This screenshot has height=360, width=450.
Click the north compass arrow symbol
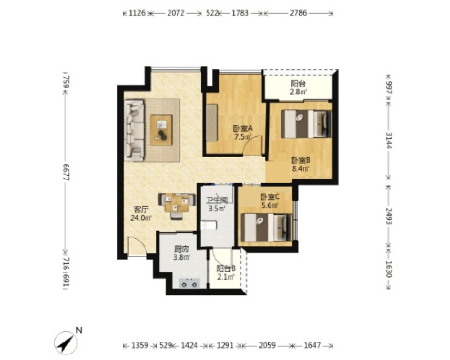point(66,342)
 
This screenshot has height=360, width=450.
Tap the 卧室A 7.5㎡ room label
point(242,132)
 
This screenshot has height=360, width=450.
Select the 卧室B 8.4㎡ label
point(301,164)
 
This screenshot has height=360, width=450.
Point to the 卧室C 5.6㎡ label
point(270,201)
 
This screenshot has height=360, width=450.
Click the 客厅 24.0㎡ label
point(141,213)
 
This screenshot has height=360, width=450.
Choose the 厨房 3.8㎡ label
point(182,252)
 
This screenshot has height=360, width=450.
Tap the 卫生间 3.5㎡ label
point(217,204)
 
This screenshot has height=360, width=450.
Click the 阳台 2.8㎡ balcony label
point(298,87)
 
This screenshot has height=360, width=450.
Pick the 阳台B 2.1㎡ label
point(226,272)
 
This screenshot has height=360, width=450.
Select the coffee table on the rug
point(161,130)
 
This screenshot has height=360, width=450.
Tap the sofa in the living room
point(134,130)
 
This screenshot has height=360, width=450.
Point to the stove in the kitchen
point(189,283)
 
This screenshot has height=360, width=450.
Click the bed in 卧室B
point(306,124)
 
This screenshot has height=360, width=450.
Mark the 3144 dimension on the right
point(389,140)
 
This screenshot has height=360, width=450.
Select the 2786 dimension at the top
point(298,13)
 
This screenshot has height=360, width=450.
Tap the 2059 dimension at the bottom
point(267,345)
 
